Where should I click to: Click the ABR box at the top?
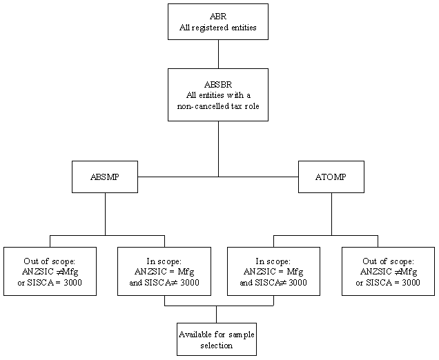click(x=218, y=21)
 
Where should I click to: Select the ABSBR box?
click(x=218, y=94)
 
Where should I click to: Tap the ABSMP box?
click(x=105, y=177)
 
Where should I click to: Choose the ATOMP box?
click(x=331, y=177)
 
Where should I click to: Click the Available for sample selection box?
click(x=216, y=339)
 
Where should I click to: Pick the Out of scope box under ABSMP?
click(x=50, y=271)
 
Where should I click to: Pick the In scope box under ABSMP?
click(x=164, y=271)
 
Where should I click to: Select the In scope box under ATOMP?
click(x=273, y=271)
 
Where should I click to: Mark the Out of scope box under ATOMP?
click(x=388, y=271)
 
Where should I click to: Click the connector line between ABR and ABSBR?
click(x=218, y=54)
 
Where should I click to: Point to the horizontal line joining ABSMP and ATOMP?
click(x=179, y=177)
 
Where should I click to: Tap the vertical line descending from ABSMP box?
click(x=105, y=214)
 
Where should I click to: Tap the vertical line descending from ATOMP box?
click(x=331, y=214)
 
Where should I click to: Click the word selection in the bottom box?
click(x=216, y=345)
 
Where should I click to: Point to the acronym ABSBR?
click(x=218, y=83)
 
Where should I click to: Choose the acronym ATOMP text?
click(x=331, y=177)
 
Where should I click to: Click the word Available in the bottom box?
click(x=196, y=334)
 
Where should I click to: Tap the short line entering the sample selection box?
click(x=216, y=314)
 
